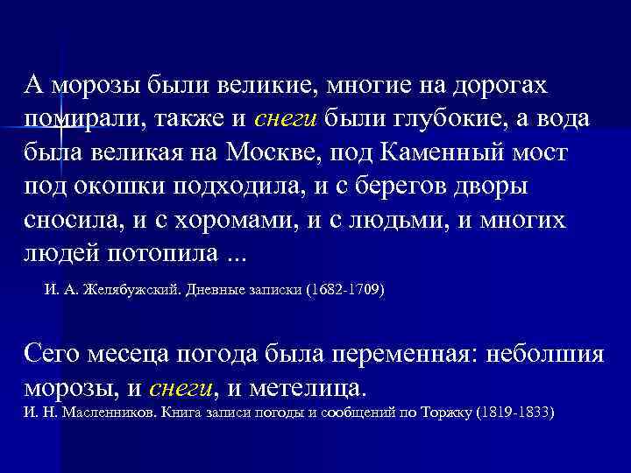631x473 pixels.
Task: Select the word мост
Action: (x=541, y=152)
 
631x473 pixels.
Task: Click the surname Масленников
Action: (x=103, y=411)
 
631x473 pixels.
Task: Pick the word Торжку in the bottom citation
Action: (x=443, y=411)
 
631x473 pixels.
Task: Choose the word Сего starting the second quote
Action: (x=51, y=353)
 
